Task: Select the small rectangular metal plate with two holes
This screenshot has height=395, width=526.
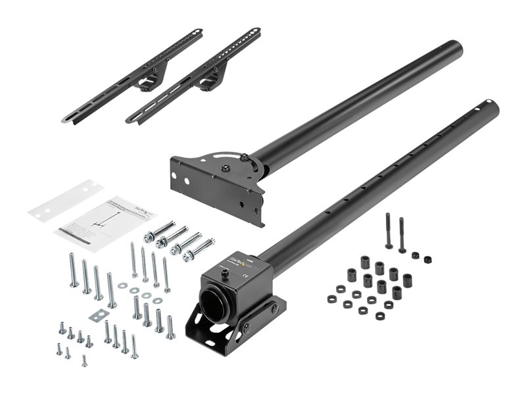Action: click(x=98, y=315)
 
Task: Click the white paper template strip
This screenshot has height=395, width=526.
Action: click(x=66, y=201)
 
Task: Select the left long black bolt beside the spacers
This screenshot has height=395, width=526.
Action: click(x=389, y=231)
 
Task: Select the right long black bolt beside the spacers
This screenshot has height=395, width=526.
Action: click(x=402, y=234)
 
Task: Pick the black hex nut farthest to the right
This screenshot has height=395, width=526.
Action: click(x=427, y=259)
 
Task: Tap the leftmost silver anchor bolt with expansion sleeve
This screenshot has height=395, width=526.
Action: click(x=158, y=231)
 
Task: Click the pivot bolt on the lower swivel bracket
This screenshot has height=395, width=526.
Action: click(x=246, y=327)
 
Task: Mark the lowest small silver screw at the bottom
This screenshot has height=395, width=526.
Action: click(x=84, y=361)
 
